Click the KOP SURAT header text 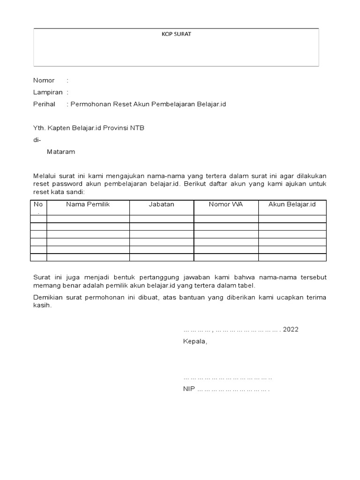(176, 34)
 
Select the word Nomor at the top (44, 81)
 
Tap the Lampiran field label (47, 92)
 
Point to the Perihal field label (44, 104)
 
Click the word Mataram (61, 152)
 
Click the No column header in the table (38, 204)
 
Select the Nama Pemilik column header (88, 204)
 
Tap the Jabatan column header (161, 204)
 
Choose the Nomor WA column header (226, 204)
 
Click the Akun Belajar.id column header (292, 204)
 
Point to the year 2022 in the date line (291, 330)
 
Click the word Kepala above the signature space (195, 342)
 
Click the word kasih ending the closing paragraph (42, 305)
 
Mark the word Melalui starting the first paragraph (44, 176)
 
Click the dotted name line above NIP (227, 378)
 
